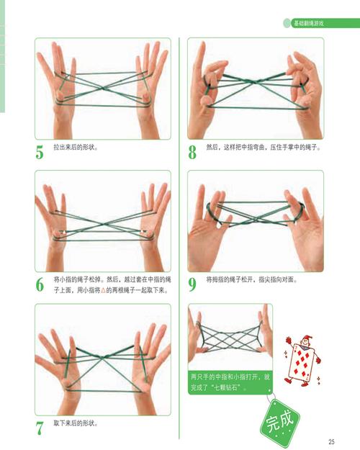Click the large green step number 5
point(40,152)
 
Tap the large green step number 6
point(40,284)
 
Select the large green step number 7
point(40,428)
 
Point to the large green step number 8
point(192,152)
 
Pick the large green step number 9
point(192,284)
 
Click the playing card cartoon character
point(302,360)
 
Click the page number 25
point(332,441)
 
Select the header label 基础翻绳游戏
point(308,23)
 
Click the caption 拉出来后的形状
point(76,148)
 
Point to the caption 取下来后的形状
point(76,423)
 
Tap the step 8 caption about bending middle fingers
point(264,147)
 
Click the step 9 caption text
point(252,279)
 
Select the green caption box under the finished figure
point(230,382)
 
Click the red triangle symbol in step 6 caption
point(104,290)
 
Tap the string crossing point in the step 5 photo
point(104,88)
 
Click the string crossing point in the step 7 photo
point(103,356)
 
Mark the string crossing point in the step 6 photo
point(104,223)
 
